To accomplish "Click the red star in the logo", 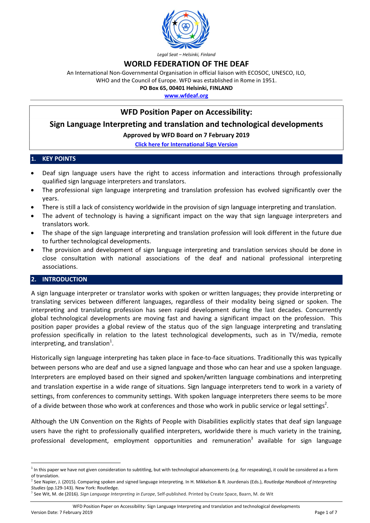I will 186,15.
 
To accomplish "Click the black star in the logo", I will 175,23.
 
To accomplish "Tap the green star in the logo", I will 192,36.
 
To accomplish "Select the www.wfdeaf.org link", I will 186,96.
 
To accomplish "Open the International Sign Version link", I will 186,144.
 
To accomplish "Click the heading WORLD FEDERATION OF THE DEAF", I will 186,64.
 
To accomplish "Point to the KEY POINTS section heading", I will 59,159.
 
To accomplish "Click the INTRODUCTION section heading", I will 65,279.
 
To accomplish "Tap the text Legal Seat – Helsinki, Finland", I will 186,55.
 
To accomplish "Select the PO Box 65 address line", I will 186,88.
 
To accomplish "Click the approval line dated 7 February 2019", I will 186,135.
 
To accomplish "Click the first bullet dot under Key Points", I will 33,173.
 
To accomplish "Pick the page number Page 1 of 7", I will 326,512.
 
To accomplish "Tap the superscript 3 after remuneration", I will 252,439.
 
